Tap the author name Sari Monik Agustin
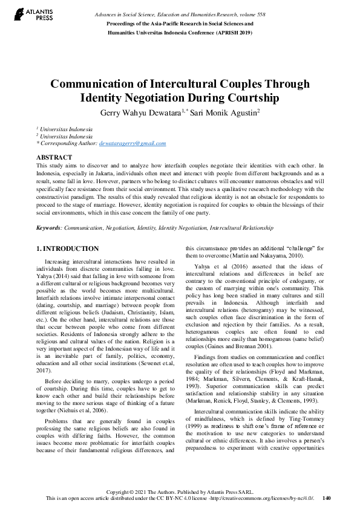coord(223,113)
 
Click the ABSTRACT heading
coord(54,157)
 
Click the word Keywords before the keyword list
coord(48,228)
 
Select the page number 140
coord(327,498)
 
